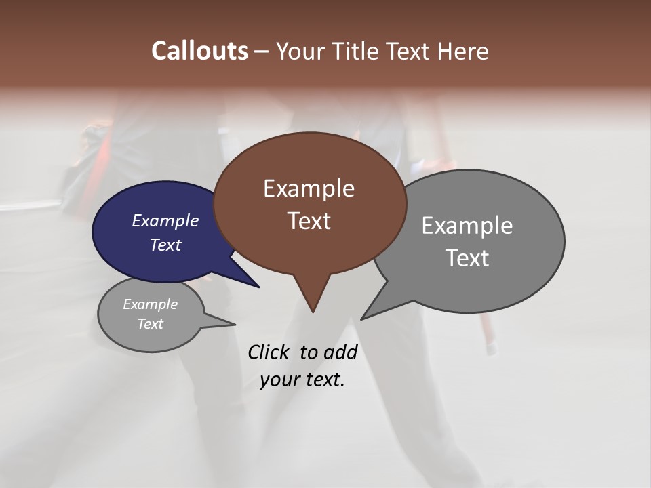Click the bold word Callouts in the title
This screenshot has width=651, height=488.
point(199,51)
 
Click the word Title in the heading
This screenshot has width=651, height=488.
point(358,52)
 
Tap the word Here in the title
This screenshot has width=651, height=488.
point(460,52)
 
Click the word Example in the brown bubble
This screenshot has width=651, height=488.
point(309,188)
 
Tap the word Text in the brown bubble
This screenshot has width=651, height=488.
point(309,221)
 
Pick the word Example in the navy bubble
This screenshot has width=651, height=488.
point(165,220)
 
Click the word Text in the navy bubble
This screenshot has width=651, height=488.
point(165,245)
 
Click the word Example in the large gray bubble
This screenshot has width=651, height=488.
point(467,226)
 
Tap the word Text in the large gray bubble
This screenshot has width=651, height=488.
point(467,258)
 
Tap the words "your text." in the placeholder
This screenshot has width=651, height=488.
point(302,380)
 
